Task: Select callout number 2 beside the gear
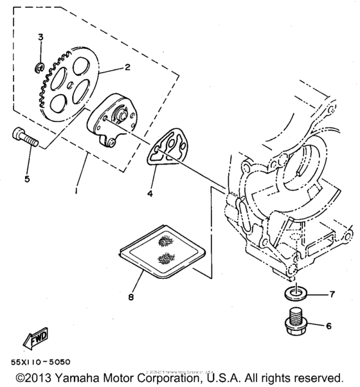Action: (127, 67)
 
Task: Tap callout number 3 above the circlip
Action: (40, 38)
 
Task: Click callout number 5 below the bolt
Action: (27, 179)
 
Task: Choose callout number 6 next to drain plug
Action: (328, 326)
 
